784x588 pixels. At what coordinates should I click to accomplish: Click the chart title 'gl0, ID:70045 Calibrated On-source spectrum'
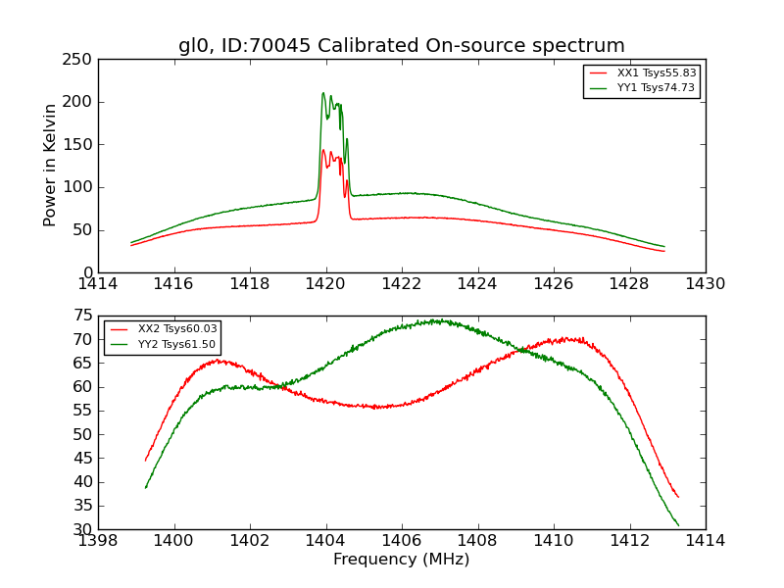(401, 46)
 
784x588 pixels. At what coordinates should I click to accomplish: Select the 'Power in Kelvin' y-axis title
(50, 165)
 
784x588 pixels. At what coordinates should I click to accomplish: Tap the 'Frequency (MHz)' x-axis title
(401, 560)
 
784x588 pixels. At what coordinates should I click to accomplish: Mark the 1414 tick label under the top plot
(98, 284)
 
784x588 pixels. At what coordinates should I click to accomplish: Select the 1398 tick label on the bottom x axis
(98, 541)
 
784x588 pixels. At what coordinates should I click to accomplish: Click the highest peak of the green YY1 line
(323, 93)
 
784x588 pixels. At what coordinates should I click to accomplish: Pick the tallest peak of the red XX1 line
(323, 150)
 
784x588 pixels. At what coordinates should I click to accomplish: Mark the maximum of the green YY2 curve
(438, 319)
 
